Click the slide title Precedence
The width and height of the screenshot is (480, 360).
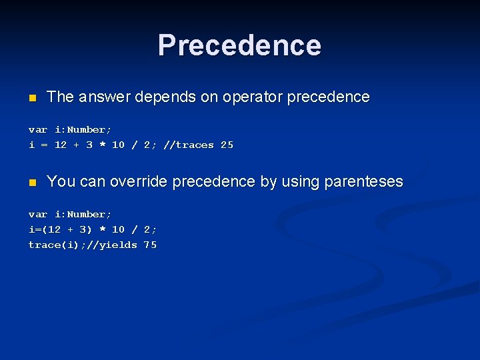(x=239, y=45)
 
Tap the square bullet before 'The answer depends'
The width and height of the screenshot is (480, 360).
(x=31, y=98)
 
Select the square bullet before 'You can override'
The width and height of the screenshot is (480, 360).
(x=31, y=183)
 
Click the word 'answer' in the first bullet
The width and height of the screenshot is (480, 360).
(x=104, y=97)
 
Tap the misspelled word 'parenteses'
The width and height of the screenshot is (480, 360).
(x=363, y=181)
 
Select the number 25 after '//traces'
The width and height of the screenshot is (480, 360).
(x=227, y=145)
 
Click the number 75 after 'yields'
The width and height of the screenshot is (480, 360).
(x=150, y=245)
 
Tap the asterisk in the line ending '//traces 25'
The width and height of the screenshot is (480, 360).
(x=102, y=145)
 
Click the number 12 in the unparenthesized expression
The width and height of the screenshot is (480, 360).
(x=61, y=145)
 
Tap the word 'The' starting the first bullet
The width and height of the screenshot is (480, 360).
(x=61, y=97)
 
